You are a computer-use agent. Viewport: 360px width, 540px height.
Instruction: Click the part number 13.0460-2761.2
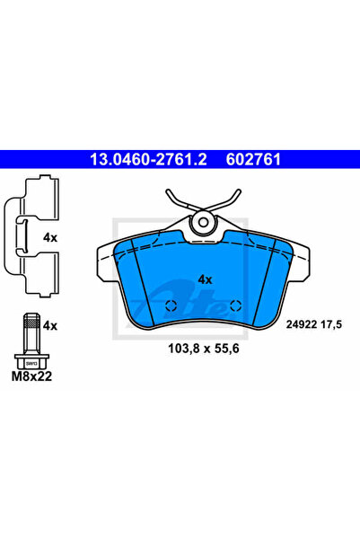pos(148,159)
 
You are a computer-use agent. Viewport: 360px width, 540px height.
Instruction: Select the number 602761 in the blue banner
pos(253,159)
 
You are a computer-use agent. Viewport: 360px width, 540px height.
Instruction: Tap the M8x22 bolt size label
pos(31,376)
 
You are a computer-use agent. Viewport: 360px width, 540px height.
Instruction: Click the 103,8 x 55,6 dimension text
pos(204,349)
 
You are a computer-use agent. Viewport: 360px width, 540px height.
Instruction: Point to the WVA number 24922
pos(302,324)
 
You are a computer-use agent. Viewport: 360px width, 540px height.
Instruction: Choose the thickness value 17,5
pos(331,324)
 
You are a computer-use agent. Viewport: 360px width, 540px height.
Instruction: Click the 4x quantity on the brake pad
pos(205,279)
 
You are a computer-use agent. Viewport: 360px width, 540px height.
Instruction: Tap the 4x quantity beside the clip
pos(50,237)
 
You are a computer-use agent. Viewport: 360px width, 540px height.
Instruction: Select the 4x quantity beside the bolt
pos(50,325)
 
